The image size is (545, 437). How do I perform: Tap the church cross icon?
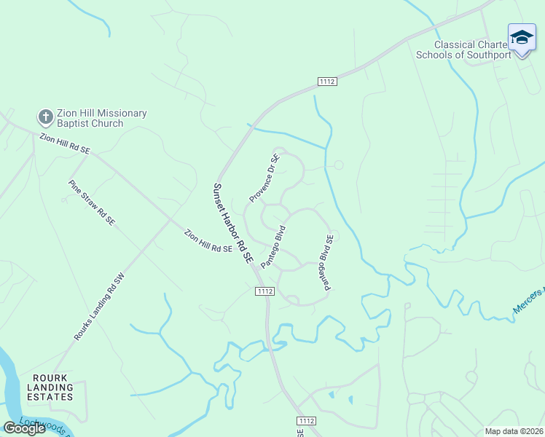44,117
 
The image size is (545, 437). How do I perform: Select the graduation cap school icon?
522,37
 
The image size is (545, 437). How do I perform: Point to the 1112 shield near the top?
327,82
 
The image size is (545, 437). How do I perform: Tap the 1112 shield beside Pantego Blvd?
265,291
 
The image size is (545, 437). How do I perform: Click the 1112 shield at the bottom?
306,421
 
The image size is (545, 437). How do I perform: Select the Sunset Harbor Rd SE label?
232,223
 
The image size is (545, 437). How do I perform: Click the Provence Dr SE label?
264,178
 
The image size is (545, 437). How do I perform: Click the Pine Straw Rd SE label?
91,202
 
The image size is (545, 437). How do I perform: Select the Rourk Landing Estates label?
52,387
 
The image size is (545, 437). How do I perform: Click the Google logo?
25,428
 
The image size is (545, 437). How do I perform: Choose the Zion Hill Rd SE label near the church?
64,143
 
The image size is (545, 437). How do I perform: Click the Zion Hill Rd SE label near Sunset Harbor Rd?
208,241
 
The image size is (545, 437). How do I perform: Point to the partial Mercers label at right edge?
530,299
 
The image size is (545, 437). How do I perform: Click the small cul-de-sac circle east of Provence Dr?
339,165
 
